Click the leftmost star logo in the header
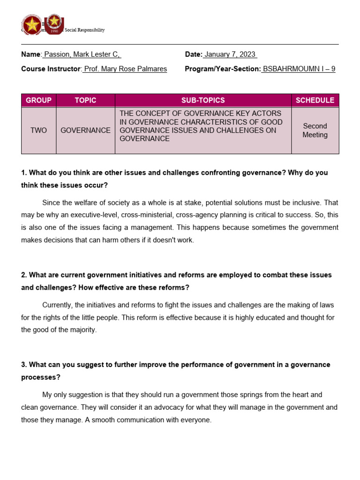click(x=32, y=25)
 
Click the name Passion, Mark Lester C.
click(x=82, y=54)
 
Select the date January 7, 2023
click(x=230, y=54)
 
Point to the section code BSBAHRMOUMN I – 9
click(x=299, y=69)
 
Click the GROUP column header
click(x=38, y=100)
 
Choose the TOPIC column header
click(x=85, y=100)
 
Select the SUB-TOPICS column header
click(x=203, y=100)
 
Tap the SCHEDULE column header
click(x=315, y=100)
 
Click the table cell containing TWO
click(x=38, y=130)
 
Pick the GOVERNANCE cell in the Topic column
click(x=85, y=130)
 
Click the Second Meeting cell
click(x=315, y=130)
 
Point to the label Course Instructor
click(x=51, y=69)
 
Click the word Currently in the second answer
click(x=58, y=305)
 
